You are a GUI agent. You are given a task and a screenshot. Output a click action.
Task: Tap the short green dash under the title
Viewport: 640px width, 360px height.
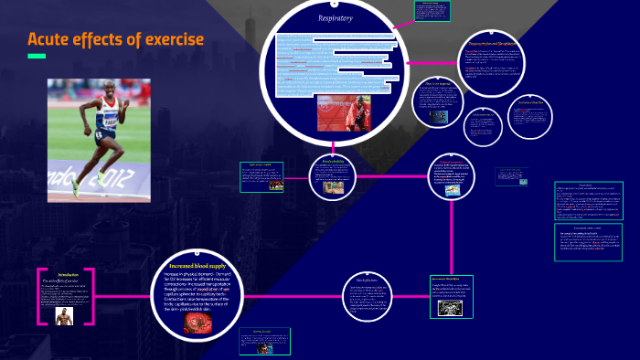pyautogui.click(x=37, y=57)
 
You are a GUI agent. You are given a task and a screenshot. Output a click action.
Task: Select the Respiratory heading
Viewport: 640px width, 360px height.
pyautogui.click(x=336, y=17)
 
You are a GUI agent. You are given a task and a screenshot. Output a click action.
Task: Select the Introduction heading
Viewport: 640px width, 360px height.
pyautogui.click(x=69, y=274)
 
